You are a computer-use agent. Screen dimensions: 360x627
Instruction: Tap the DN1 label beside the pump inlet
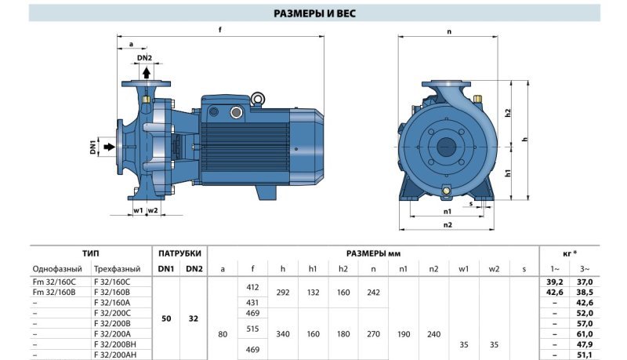(x=92, y=146)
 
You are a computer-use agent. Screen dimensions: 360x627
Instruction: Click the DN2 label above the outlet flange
(x=144, y=57)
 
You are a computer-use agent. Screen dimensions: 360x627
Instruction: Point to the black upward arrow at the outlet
(x=146, y=72)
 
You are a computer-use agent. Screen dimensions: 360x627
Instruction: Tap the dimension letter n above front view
(x=449, y=31)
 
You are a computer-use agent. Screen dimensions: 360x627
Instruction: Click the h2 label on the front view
(x=508, y=112)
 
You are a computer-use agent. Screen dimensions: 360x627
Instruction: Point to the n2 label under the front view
(x=448, y=224)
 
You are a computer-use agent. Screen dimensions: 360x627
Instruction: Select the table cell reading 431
(x=252, y=302)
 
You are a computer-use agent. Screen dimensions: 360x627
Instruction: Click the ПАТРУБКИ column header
(x=179, y=253)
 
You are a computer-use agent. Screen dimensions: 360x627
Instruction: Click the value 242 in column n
(x=373, y=291)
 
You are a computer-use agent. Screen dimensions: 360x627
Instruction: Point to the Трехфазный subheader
(x=117, y=269)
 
